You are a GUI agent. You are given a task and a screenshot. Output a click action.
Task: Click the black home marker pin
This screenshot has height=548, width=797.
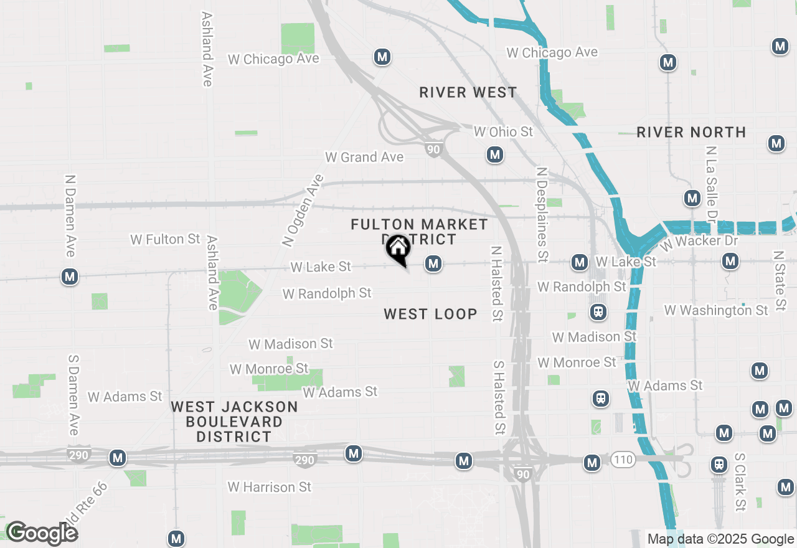[398, 249]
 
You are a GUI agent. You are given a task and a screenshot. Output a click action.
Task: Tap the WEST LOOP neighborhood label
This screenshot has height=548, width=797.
[430, 314]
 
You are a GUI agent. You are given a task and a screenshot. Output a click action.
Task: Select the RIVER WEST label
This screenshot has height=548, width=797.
[468, 93]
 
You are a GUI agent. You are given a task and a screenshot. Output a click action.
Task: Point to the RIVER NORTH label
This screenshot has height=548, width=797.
[691, 132]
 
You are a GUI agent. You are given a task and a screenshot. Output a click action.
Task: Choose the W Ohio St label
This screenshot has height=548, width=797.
[503, 131]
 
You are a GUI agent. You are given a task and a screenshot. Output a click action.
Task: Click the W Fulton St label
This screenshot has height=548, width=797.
[165, 239]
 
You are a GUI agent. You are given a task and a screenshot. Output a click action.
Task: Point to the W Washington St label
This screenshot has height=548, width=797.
[716, 310]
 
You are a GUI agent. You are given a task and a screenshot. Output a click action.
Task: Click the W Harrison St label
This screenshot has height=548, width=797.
[269, 487]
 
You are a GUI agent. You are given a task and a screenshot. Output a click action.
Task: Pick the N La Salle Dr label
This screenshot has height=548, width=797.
[710, 184]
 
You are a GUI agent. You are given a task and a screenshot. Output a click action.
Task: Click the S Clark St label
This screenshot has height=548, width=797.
[740, 482]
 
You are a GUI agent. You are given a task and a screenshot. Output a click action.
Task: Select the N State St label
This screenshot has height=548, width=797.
[778, 280]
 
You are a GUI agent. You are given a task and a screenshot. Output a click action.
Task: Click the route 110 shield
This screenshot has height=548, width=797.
[623, 460]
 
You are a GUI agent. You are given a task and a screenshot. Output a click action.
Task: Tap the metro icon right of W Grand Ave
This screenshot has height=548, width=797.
[495, 154]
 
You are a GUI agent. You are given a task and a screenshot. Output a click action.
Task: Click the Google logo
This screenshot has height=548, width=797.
[42, 533]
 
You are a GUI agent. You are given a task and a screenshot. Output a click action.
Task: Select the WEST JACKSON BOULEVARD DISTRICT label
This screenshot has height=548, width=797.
[234, 422]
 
